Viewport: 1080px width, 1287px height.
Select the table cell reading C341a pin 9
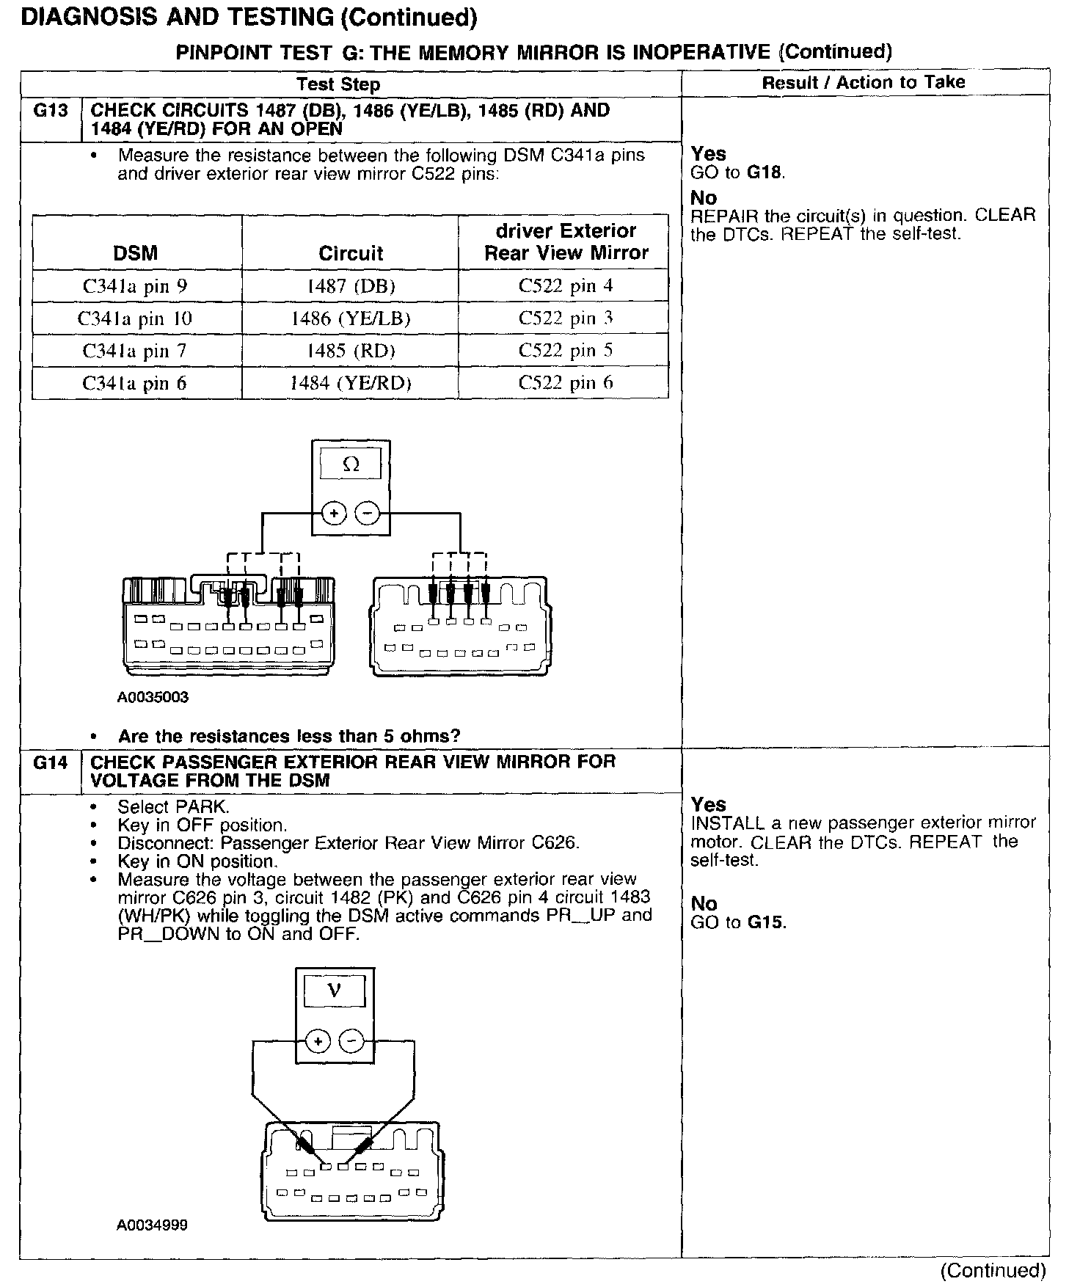pyautogui.click(x=136, y=285)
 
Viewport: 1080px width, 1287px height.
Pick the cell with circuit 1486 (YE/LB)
pyautogui.click(x=350, y=318)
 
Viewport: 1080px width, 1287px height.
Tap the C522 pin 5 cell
pyautogui.click(x=565, y=350)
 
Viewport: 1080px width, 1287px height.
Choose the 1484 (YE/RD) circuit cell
pyautogui.click(x=350, y=382)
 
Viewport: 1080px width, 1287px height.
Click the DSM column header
pyautogui.click(x=136, y=253)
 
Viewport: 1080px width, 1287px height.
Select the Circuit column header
pyautogui.click(x=350, y=253)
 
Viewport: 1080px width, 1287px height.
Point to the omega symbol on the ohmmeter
pyautogui.click(x=351, y=464)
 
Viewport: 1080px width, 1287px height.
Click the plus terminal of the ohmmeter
pyautogui.click(x=335, y=513)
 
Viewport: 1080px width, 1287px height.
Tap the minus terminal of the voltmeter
pyautogui.click(x=353, y=1040)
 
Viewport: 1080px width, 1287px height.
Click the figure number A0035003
pyautogui.click(x=153, y=697)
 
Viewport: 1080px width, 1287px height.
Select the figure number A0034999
pyautogui.click(x=152, y=1225)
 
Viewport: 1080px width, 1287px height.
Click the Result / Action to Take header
pyautogui.click(x=864, y=83)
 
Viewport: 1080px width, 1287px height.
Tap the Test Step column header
pyautogui.click(x=338, y=84)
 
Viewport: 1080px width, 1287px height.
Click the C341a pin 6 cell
pyautogui.click(x=136, y=382)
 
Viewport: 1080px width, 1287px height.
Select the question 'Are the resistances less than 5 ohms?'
pyautogui.click(x=289, y=736)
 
